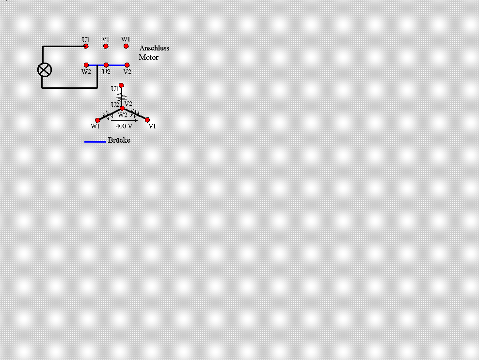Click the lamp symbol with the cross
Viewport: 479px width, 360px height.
45,70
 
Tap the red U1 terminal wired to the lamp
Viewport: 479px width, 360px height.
86,46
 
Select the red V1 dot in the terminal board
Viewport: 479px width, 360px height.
106,46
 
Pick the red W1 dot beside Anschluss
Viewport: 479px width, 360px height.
126,46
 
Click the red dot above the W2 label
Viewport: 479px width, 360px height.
86,65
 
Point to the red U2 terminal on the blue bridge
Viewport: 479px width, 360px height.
106,65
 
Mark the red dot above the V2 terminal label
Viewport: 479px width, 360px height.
127,65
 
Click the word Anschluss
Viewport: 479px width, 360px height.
154,48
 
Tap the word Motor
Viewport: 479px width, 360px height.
148,57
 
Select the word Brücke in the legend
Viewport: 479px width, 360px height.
119,140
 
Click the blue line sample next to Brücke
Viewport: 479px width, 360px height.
95,142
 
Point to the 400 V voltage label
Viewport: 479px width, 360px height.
124,126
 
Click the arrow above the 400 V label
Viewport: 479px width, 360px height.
124,120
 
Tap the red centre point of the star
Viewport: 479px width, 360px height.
122,108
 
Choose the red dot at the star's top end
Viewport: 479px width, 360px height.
121,85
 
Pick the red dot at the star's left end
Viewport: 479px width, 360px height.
97,120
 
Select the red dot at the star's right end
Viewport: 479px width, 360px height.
147,120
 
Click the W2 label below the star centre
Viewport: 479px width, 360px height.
123,115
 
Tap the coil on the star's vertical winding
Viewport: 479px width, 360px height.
122,97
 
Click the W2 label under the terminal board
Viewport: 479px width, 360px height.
86,72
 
